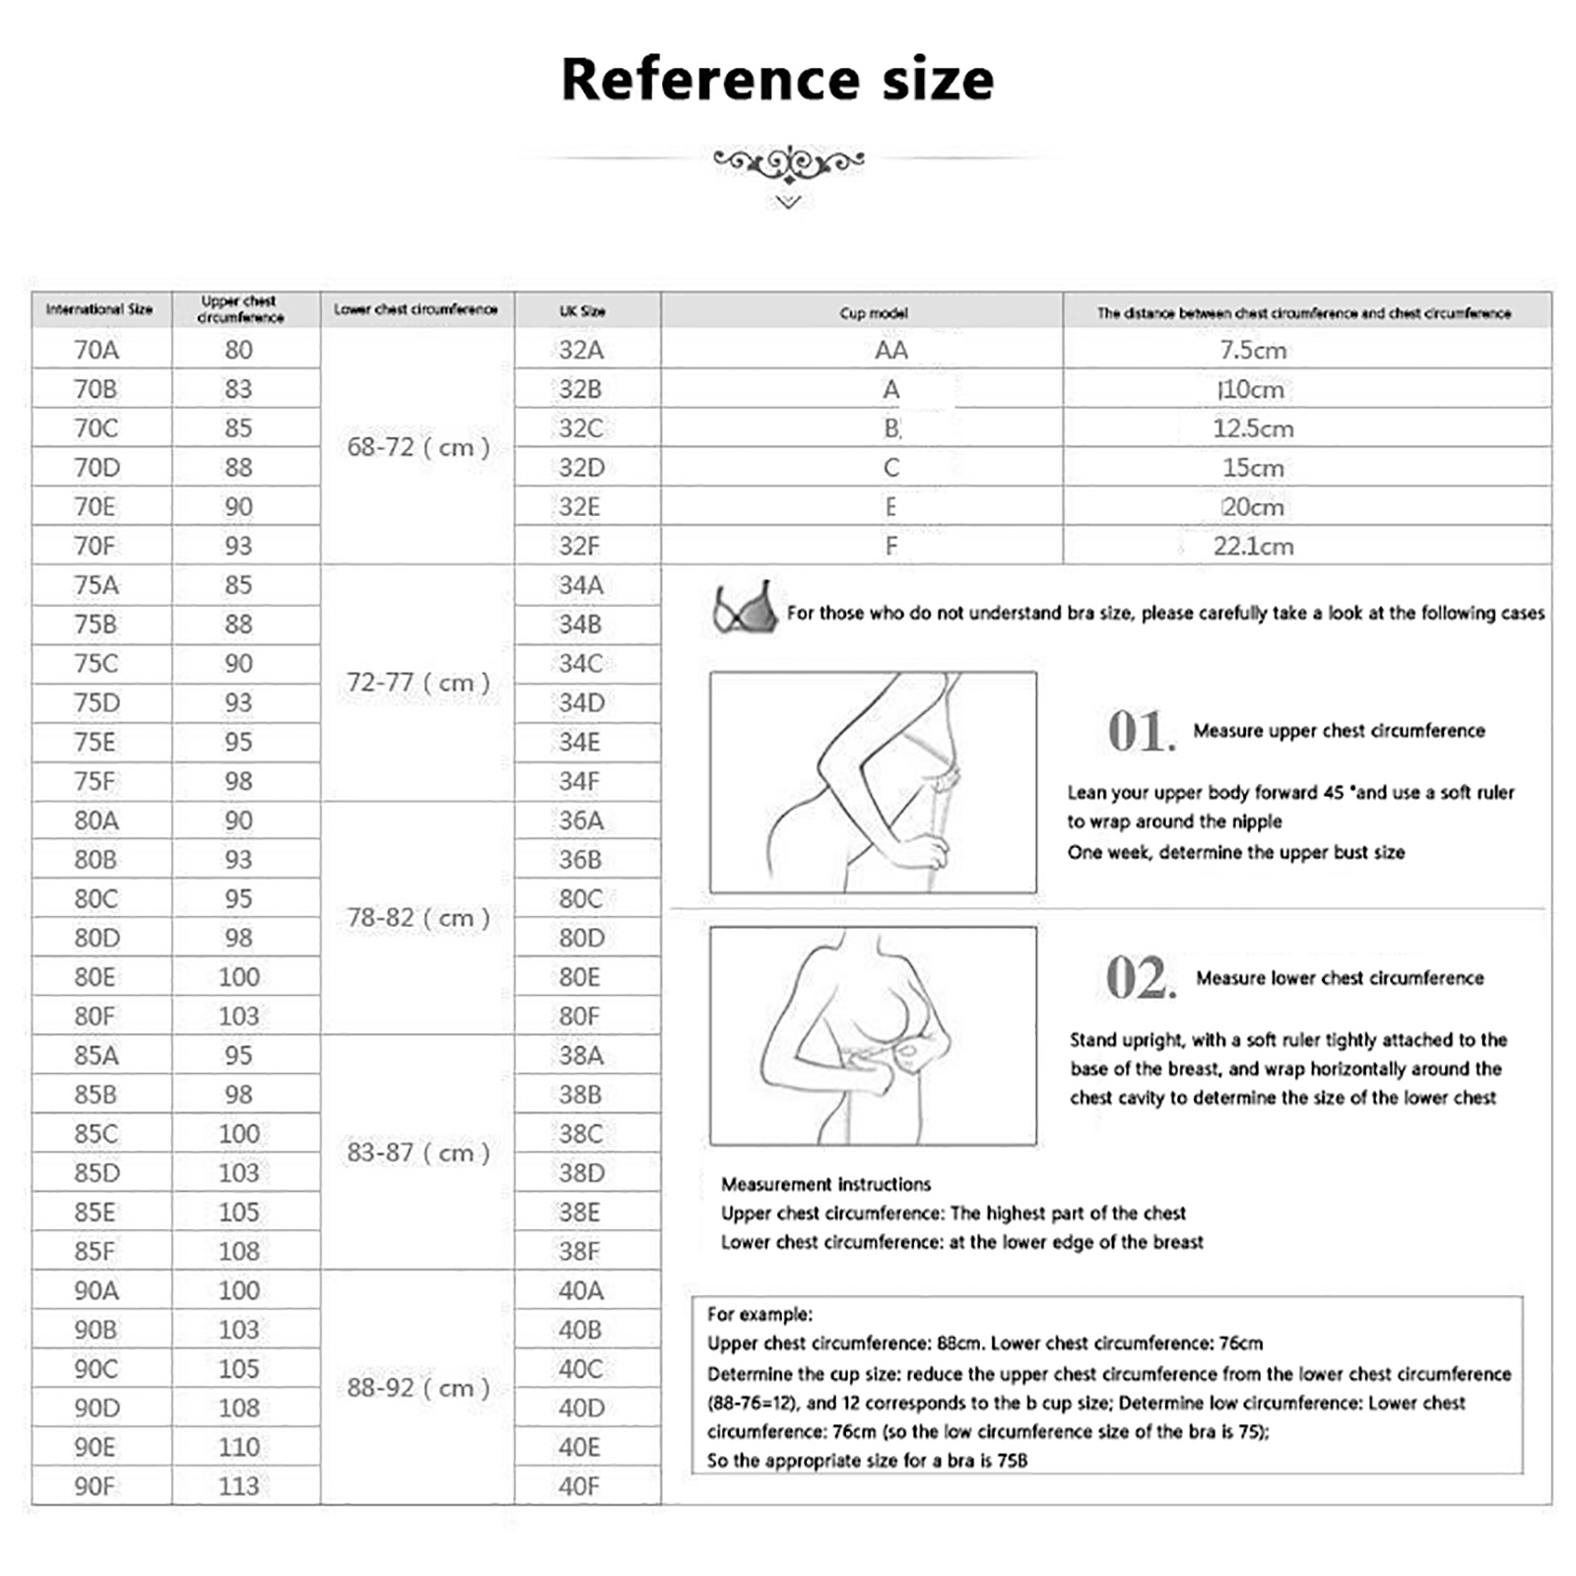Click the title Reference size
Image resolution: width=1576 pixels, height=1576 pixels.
pyautogui.click(x=777, y=80)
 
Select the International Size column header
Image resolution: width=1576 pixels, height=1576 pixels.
pyautogui.click(x=99, y=309)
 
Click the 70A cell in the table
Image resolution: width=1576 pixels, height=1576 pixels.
pyautogui.click(x=97, y=350)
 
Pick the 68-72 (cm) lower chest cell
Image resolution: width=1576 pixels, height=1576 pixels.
pyautogui.click(x=418, y=447)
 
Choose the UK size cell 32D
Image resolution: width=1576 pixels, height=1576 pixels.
pyautogui.click(x=581, y=468)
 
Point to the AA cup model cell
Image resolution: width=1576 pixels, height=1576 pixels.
pyautogui.click(x=890, y=350)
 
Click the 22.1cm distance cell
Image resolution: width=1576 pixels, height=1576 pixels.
pyautogui.click(x=1253, y=547)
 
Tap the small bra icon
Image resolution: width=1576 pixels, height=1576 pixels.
pyautogui.click(x=745, y=608)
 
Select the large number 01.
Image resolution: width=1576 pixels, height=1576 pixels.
pyautogui.click(x=1141, y=732)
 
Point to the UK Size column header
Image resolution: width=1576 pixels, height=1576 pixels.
pyautogui.click(x=582, y=311)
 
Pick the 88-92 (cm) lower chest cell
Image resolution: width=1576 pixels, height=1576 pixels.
pyautogui.click(x=418, y=1388)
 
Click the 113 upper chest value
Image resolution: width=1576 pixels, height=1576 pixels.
pyautogui.click(x=238, y=1486)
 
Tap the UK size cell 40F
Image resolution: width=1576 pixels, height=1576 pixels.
pyautogui.click(x=578, y=1486)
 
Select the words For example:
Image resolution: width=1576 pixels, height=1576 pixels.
pyautogui.click(x=759, y=1314)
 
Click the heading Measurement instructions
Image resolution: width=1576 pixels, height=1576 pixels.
pyautogui.click(x=825, y=1184)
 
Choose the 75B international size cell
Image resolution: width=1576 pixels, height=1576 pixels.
pyautogui.click(x=96, y=624)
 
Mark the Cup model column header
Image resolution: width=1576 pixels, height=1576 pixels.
pyautogui.click(x=874, y=313)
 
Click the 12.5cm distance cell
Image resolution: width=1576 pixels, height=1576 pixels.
pyautogui.click(x=1253, y=428)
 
